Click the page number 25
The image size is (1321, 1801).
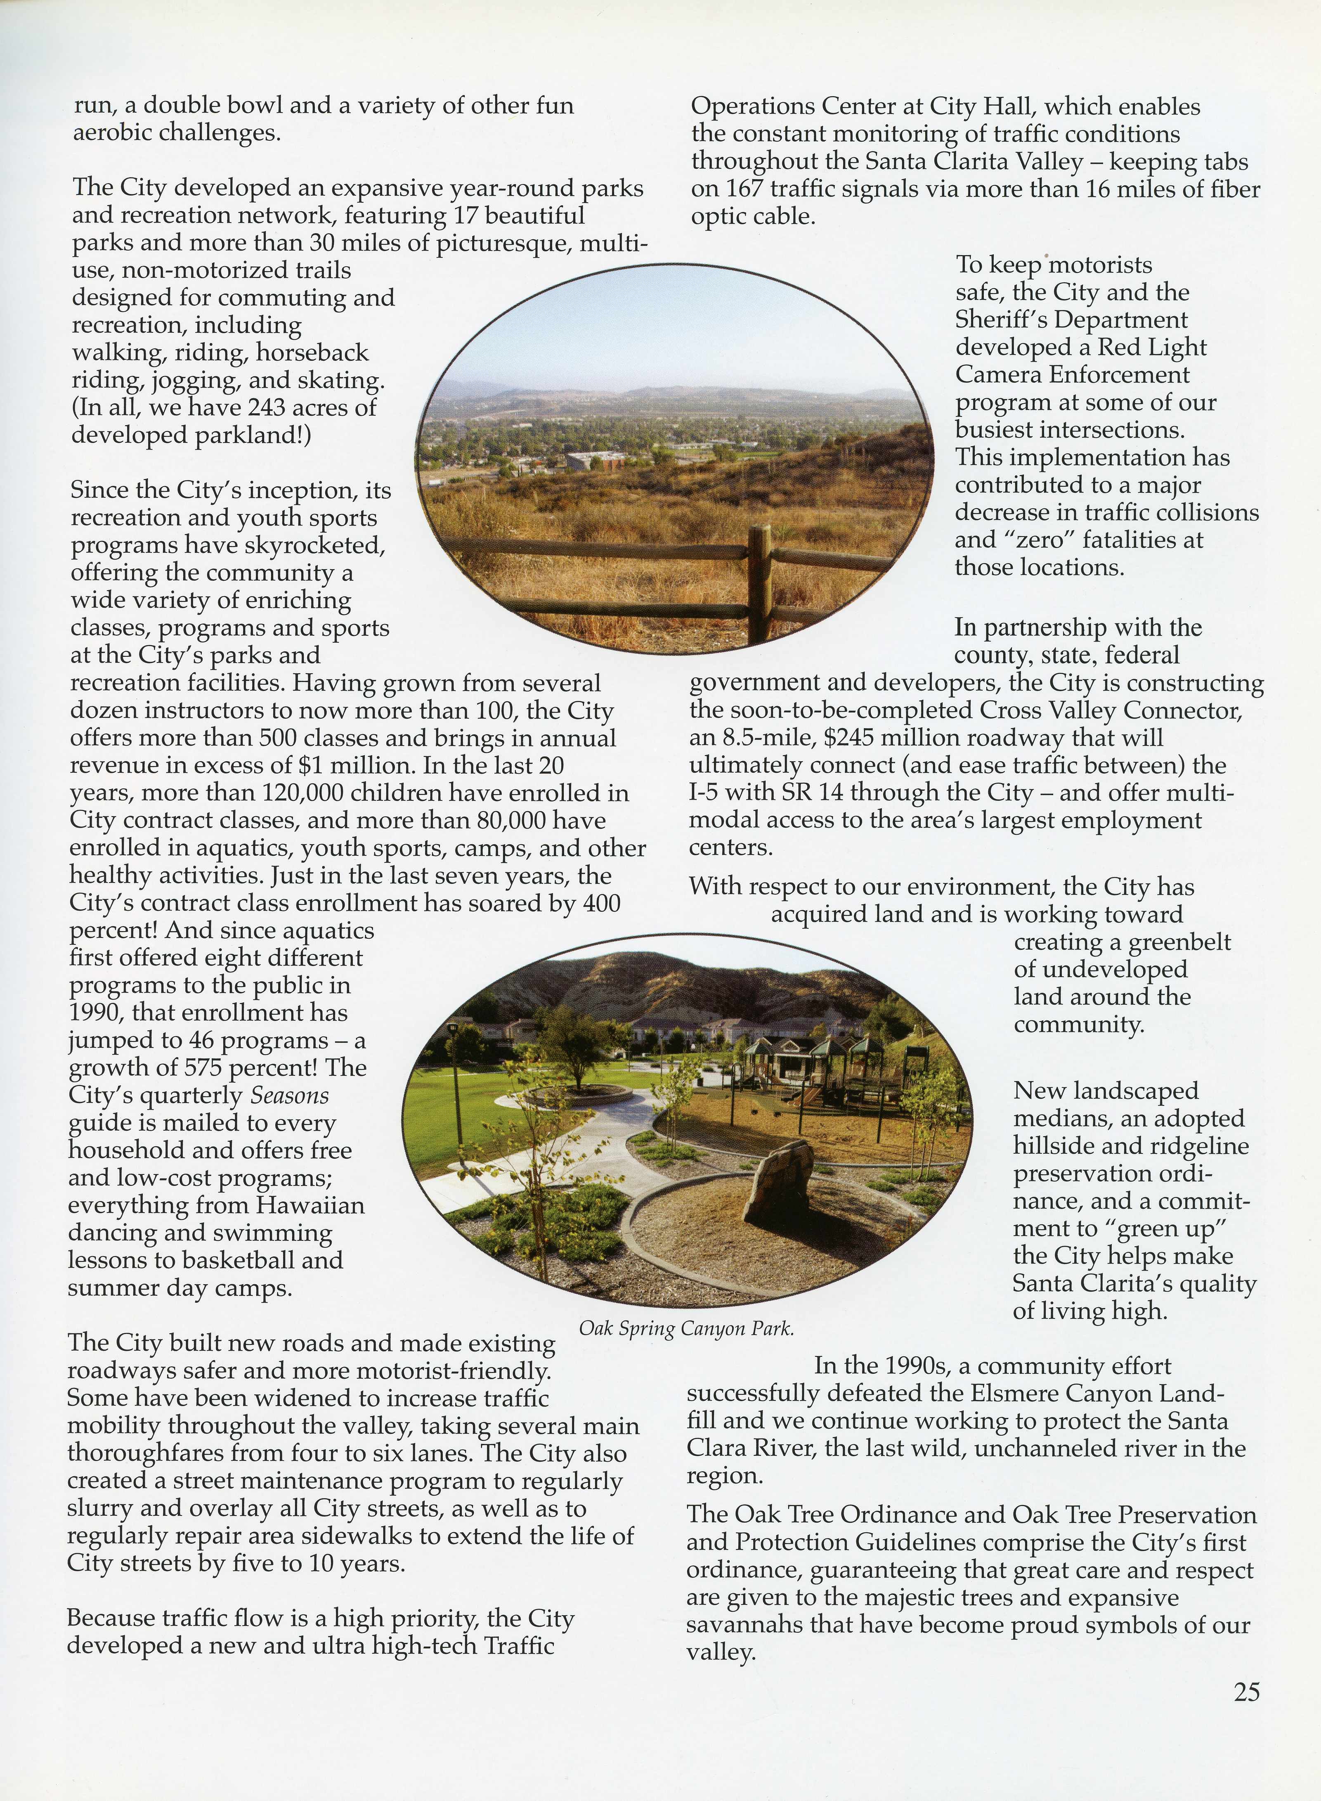tap(1246, 1692)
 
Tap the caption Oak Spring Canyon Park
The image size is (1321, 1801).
tap(686, 1328)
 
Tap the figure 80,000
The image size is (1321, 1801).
tap(494, 821)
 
